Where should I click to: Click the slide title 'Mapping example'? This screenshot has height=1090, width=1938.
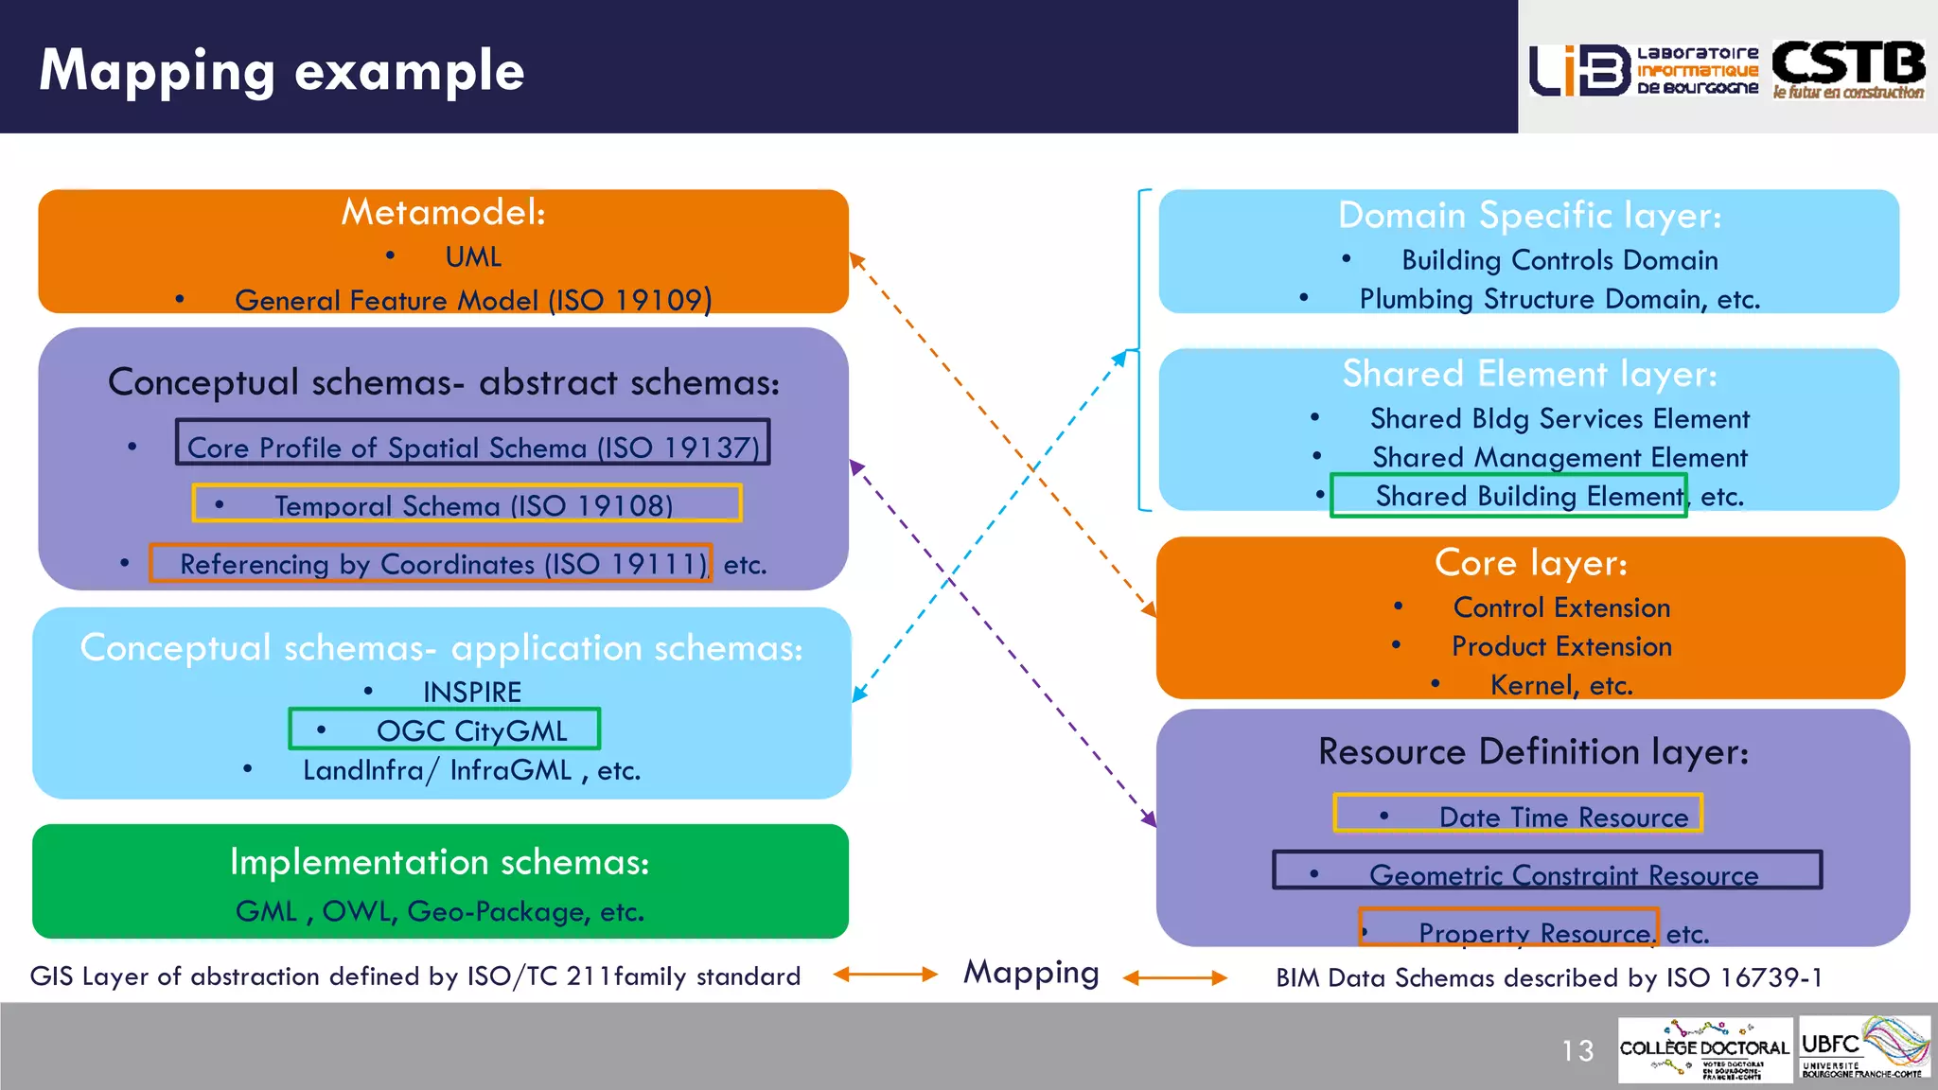click(x=281, y=71)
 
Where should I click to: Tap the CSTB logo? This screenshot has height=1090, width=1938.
click(x=1848, y=69)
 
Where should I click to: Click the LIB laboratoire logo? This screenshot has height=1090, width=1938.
click(x=1644, y=70)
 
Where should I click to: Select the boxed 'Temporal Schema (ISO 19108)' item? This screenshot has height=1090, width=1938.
click(x=467, y=504)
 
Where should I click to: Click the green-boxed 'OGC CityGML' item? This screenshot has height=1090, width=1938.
click(x=445, y=730)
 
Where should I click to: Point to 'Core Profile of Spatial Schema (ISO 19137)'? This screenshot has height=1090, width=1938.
click(x=472, y=444)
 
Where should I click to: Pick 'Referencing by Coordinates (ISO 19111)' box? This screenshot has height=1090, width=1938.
click(x=432, y=564)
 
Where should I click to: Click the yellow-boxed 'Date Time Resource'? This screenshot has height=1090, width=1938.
click(x=1518, y=815)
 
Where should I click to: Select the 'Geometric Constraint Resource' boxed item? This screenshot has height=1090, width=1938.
click(x=1547, y=871)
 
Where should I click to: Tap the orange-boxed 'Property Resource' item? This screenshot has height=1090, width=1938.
click(x=1508, y=929)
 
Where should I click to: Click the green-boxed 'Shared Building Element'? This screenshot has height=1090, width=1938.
click(x=1509, y=496)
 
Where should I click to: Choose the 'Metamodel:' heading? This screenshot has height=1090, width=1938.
click(x=443, y=212)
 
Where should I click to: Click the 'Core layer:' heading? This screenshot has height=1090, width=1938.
click(x=1530, y=562)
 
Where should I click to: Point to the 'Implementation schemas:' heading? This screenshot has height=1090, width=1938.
click(x=439, y=862)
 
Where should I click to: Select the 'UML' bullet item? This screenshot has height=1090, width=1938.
click(x=473, y=256)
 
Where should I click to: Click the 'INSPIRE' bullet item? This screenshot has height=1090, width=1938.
click(x=471, y=692)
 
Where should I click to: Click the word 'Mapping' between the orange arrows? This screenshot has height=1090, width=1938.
click(x=1031, y=974)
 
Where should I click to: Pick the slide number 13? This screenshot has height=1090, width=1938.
click(x=1577, y=1050)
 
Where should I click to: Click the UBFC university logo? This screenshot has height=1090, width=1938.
click(x=1863, y=1048)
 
